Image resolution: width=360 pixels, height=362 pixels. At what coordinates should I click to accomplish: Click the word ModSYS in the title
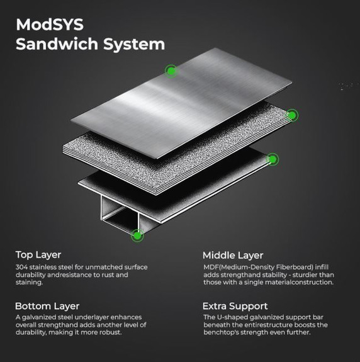50,25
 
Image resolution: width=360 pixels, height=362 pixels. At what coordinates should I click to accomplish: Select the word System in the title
134,45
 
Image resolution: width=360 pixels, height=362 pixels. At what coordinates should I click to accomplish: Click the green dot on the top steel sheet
171,71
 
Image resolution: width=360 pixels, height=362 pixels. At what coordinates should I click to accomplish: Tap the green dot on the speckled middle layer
292,115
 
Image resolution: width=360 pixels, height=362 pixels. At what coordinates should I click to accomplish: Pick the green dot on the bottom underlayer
273,159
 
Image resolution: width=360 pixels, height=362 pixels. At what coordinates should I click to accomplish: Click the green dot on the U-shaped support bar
138,235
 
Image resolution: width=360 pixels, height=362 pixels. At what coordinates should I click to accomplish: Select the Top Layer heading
38,255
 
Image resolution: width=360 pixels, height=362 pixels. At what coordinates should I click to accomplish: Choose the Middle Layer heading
233,256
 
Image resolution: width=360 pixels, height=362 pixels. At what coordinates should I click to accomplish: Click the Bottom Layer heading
47,307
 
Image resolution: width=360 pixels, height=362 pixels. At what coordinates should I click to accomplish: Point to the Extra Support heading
235,307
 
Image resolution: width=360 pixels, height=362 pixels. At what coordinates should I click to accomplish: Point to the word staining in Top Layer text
29,283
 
